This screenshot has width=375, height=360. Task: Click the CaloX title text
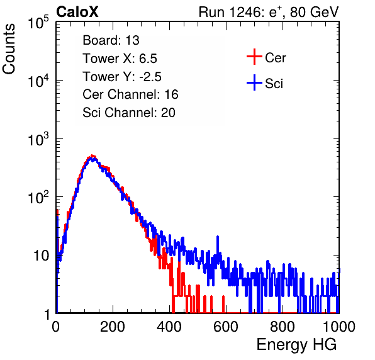click(x=77, y=12)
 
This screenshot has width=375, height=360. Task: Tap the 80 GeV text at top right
click(x=315, y=12)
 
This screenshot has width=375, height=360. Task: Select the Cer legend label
click(x=275, y=58)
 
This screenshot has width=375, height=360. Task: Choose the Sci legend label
click(x=274, y=84)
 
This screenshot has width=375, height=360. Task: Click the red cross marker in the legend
click(x=254, y=57)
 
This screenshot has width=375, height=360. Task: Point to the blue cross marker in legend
click(x=254, y=82)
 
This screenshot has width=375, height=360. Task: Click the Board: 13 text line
click(x=111, y=40)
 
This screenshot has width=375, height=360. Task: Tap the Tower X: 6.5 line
click(x=120, y=59)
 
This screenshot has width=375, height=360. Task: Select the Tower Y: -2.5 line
click(x=122, y=77)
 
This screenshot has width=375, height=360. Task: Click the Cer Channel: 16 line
click(x=130, y=94)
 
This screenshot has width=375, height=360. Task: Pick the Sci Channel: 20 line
click(x=129, y=113)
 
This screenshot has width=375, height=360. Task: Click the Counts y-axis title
click(x=9, y=49)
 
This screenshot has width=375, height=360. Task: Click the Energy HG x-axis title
click(x=296, y=345)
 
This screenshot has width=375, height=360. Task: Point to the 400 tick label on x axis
click(x=169, y=327)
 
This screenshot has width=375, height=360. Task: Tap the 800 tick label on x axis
click(x=283, y=327)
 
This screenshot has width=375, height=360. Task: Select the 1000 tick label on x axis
click(x=339, y=327)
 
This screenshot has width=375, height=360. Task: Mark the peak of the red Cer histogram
click(x=92, y=155)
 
